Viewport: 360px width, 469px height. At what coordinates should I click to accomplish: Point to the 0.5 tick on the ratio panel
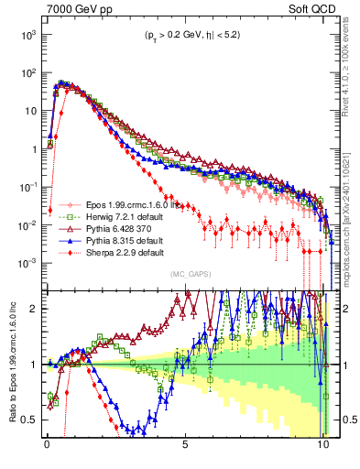point(26,420)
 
